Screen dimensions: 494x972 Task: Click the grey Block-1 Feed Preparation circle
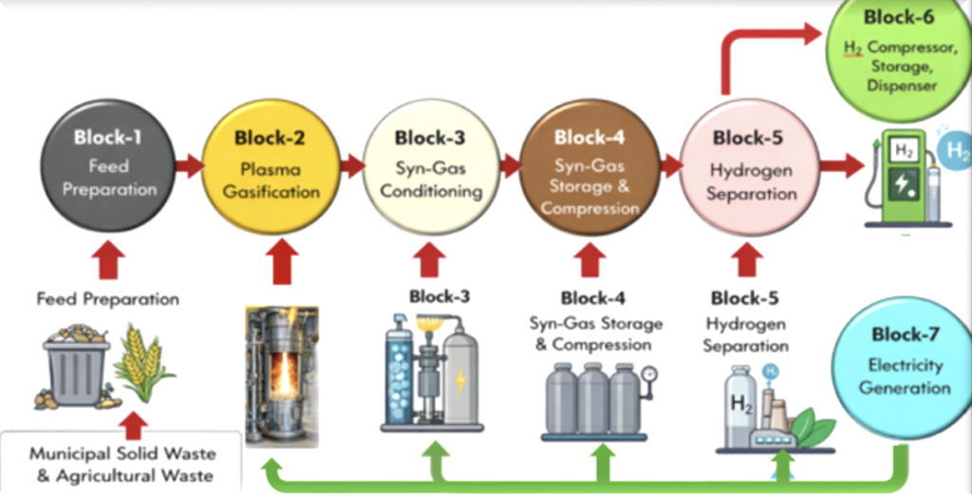108,167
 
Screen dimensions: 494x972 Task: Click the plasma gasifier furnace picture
281,375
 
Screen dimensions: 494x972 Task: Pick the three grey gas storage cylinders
594,399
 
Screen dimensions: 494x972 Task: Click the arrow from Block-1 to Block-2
189,167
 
